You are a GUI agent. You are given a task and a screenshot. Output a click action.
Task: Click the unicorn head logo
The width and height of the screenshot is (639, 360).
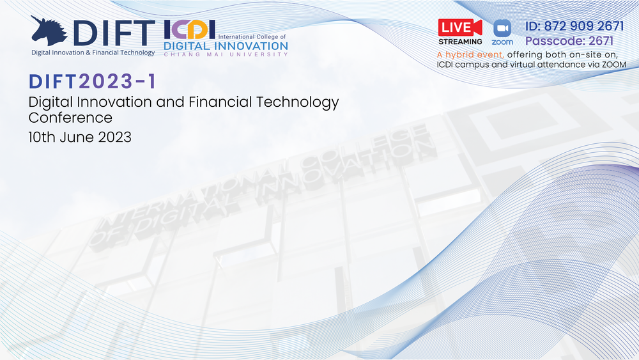click(49, 31)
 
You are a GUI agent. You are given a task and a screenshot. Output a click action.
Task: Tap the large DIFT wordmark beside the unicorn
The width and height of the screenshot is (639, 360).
click(114, 33)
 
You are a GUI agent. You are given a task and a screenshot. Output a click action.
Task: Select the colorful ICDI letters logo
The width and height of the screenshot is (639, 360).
click(190, 30)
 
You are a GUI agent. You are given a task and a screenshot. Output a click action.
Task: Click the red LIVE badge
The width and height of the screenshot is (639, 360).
click(460, 27)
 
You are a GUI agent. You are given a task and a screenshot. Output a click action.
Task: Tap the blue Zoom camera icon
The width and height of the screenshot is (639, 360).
click(502, 29)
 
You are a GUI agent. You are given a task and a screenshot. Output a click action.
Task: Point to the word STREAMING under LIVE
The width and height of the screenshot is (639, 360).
click(460, 42)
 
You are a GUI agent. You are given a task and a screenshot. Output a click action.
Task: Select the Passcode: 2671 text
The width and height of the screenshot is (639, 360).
click(569, 41)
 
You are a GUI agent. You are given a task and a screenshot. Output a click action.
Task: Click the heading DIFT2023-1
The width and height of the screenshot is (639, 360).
click(93, 82)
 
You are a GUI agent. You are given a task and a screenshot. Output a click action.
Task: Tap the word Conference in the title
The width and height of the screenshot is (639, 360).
click(70, 118)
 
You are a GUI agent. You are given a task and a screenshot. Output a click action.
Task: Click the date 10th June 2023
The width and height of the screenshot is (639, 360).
click(80, 137)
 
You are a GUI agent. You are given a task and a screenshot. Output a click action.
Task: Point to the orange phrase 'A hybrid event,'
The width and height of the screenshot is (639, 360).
click(470, 54)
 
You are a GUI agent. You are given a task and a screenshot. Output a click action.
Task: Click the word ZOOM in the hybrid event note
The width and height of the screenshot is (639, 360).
click(615, 65)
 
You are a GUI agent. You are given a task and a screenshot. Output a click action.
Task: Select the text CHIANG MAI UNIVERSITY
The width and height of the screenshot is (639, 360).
click(226, 54)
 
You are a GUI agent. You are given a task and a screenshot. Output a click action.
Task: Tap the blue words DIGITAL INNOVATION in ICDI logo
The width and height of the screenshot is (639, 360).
click(226, 45)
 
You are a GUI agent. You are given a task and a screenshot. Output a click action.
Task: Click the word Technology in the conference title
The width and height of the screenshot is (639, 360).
click(298, 102)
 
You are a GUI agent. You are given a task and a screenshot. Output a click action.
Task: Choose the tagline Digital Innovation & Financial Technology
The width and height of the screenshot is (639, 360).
click(93, 52)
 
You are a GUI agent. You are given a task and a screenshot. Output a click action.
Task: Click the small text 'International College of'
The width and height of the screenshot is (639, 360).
click(252, 36)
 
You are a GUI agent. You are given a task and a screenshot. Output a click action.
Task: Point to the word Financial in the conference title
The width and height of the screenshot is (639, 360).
click(220, 102)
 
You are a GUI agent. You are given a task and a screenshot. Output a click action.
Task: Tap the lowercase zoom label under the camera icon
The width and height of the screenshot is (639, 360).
click(502, 42)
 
